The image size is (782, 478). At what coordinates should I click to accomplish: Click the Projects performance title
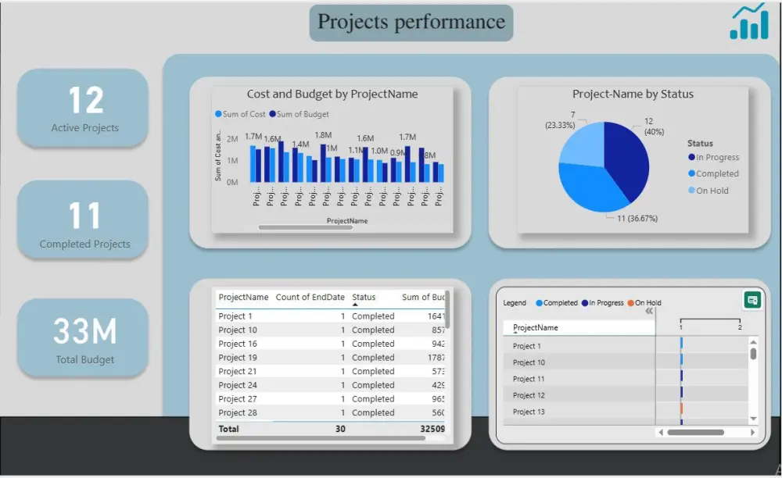(x=411, y=22)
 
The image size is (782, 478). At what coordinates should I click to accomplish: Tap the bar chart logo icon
(x=748, y=23)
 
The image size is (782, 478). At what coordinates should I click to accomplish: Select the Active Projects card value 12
(x=85, y=101)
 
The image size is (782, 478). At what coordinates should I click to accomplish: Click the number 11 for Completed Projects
(x=84, y=216)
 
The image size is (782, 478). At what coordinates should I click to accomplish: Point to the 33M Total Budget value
(x=84, y=332)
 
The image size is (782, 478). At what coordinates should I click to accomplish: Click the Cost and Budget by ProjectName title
(x=332, y=95)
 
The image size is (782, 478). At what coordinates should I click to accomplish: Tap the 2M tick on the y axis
(x=232, y=138)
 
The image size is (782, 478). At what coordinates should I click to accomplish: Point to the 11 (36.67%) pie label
(x=637, y=219)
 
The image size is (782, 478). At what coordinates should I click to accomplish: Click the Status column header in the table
(x=364, y=298)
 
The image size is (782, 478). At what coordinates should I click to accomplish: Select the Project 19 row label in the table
(x=238, y=358)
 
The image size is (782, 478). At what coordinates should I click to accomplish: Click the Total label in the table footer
(x=229, y=429)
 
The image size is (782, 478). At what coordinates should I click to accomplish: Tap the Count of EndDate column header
(x=310, y=298)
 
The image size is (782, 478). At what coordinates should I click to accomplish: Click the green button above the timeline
(x=752, y=300)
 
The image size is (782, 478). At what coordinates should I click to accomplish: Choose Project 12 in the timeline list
(x=529, y=395)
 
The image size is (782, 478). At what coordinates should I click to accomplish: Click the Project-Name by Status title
(x=633, y=95)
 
